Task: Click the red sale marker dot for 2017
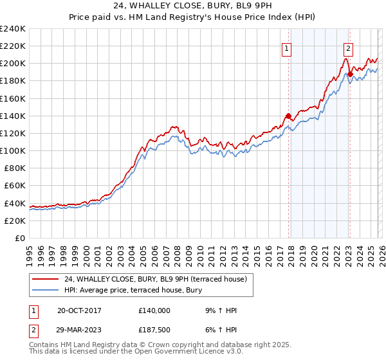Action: tap(288, 116)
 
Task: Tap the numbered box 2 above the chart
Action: tap(348, 47)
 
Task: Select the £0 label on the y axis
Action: tap(19, 238)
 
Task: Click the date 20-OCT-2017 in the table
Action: tap(75, 310)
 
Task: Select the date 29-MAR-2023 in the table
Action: tap(76, 331)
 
